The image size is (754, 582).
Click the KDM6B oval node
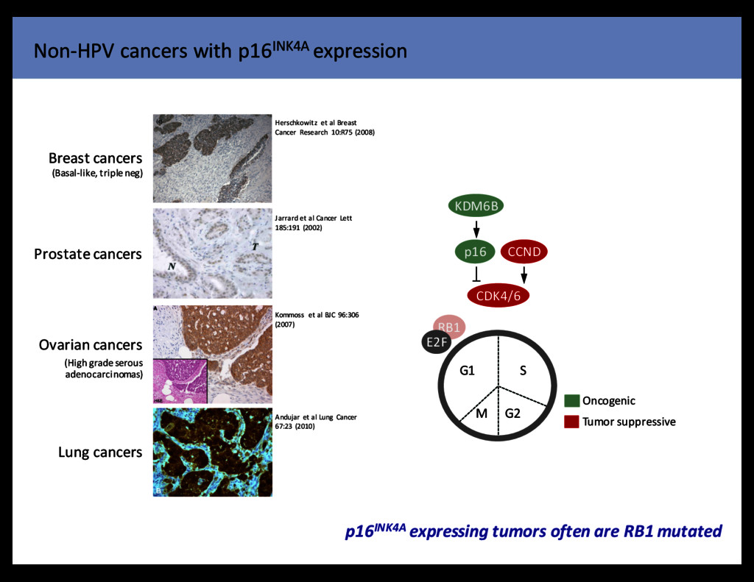476,207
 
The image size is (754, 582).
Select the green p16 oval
475,252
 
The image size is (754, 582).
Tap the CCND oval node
524,252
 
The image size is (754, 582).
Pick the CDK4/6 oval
498,296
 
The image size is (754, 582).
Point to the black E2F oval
436,341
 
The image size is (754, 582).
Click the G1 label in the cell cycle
467,370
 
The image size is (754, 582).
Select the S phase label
524,370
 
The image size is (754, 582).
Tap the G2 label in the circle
512,413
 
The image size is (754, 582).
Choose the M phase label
482,413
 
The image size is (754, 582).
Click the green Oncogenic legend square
571,401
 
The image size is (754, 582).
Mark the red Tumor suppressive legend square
571,422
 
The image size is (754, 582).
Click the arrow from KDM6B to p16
476,228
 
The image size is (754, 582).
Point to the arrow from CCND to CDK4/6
524,274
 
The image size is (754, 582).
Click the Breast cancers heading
95,158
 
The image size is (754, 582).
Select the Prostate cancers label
88,254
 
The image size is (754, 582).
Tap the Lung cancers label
99,452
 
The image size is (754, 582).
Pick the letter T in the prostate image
255,246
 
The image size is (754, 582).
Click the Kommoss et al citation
316,319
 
